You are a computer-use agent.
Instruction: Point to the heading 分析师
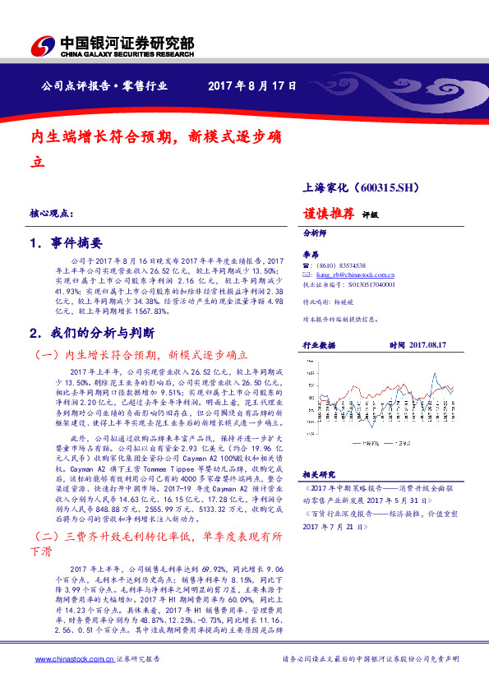316,233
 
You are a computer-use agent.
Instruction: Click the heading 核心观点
50,214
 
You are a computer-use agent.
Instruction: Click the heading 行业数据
320,346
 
